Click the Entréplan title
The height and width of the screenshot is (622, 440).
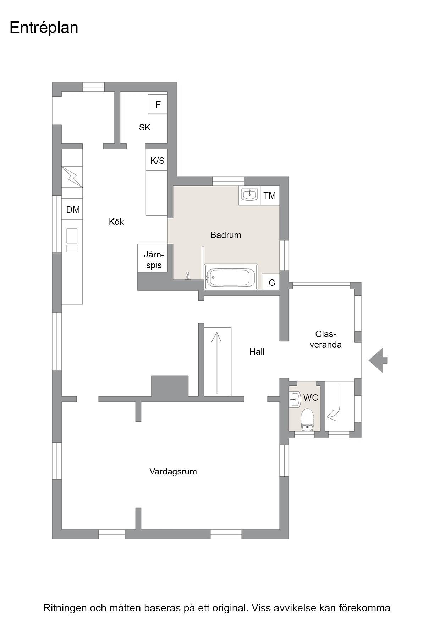coord(44,28)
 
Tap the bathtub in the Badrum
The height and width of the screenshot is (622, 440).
coord(231,277)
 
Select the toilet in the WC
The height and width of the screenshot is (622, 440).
coord(307,420)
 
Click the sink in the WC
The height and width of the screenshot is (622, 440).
coord(295,399)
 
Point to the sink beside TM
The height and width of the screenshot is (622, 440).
coord(250,194)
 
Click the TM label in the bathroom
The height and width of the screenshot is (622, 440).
coord(270,195)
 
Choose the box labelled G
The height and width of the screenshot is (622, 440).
coord(271,282)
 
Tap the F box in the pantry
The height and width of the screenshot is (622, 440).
coord(158,104)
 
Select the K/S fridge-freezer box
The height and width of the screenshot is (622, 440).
coord(157,160)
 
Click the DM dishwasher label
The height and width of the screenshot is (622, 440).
coord(73,210)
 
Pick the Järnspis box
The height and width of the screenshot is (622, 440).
coord(153,258)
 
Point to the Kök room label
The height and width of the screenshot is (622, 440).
coord(116,222)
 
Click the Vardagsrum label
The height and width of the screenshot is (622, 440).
coord(173,472)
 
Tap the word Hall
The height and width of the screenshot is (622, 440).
coord(257,352)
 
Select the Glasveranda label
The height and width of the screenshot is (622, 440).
coord(326,339)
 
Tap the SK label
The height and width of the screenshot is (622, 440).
coord(145,127)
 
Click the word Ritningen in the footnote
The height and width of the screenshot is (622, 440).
coord(65,608)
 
